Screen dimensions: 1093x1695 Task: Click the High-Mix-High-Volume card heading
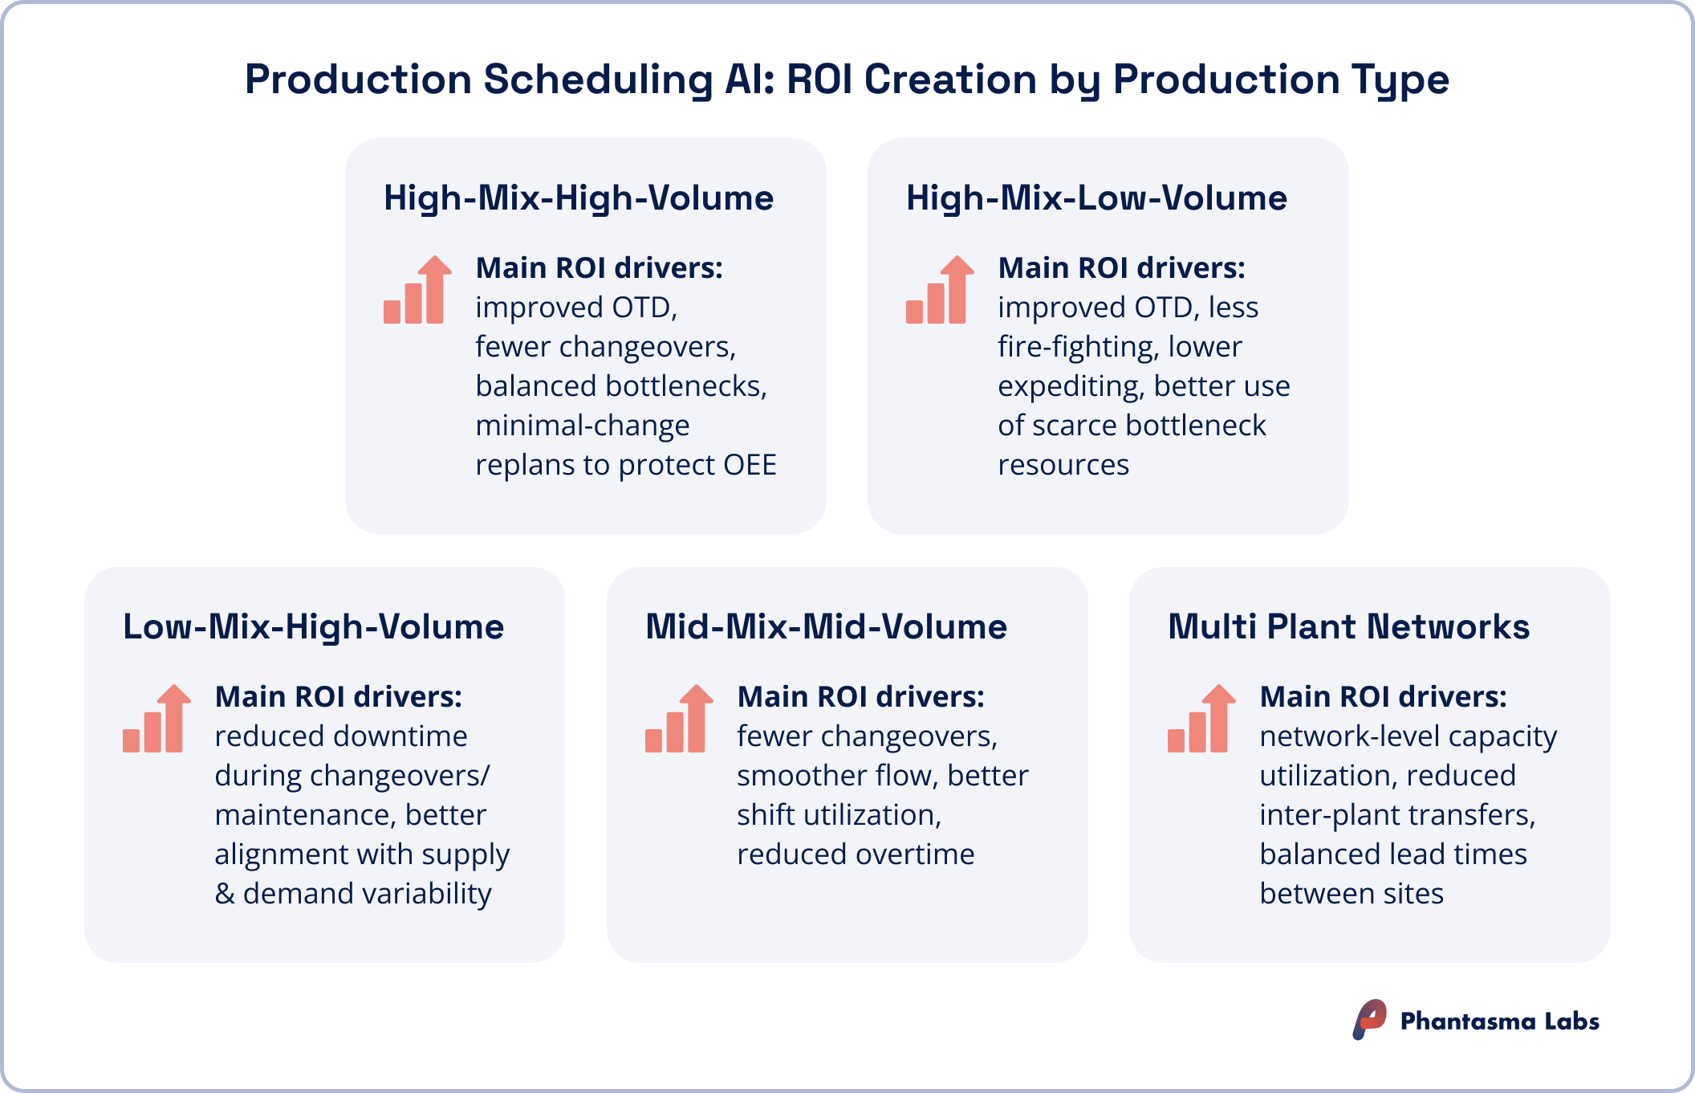(x=578, y=198)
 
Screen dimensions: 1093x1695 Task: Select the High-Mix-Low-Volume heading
(x=1096, y=198)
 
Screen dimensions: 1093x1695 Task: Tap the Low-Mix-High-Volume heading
(x=313, y=627)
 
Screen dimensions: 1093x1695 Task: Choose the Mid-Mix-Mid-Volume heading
(x=826, y=627)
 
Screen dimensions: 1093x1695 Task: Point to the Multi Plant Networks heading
(x=1348, y=627)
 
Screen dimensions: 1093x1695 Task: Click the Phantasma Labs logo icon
(x=1370, y=1020)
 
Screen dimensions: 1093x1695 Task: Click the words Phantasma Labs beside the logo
(x=1499, y=1022)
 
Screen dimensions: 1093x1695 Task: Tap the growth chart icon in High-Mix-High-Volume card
(x=417, y=290)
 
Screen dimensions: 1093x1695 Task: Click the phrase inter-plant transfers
(x=1396, y=815)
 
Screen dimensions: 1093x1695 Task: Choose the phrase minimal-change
(x=582, y=426)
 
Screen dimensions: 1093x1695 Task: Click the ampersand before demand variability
(x=225, y=894)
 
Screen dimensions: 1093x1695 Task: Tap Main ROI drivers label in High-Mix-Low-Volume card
(x=1121, y=268)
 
